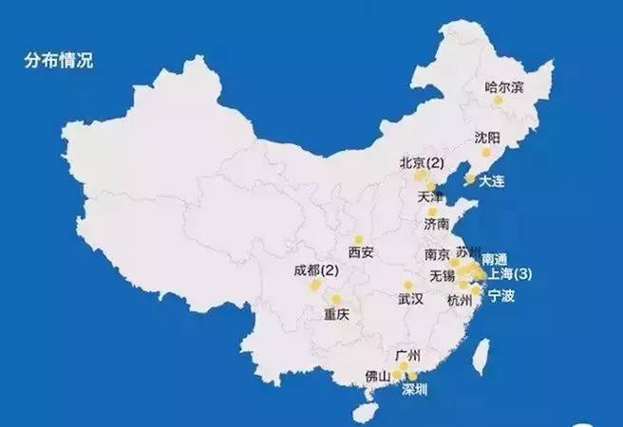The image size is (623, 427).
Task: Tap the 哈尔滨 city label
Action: coord(504,87)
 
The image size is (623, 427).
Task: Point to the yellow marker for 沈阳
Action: coord(486,152)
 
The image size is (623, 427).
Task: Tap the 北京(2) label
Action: coord(423,161)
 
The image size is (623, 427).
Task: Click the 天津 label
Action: coord(430,197)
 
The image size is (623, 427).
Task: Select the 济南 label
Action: coord(437,225)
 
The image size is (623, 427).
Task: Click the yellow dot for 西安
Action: coord(359,239)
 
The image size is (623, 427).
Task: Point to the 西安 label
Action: coord(361,253)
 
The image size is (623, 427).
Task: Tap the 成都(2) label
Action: coord(316,270)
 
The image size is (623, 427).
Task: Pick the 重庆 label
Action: coord(337,314)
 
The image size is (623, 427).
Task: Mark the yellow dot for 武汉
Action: coord(407,285)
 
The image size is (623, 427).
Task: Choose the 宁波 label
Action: coord(500,296)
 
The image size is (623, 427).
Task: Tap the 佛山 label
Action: coord(377,376)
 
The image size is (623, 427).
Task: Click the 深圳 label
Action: coord(415,389)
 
